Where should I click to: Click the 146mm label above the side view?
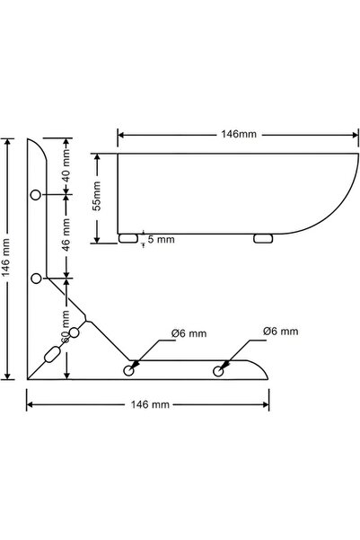(x=238, y=134)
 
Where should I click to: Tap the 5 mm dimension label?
(x=162, y=240)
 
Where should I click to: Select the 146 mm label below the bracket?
(x=149, y=405)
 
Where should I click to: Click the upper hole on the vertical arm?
(x=36, y=195)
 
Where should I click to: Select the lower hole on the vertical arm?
(x=36, y=279)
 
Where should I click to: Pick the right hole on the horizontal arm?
(x=217, y=369)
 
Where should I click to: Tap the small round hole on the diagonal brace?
(x=75, y=333)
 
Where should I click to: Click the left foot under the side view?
(x=128, y=239)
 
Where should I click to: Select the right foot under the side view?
(x=263, y=239)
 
